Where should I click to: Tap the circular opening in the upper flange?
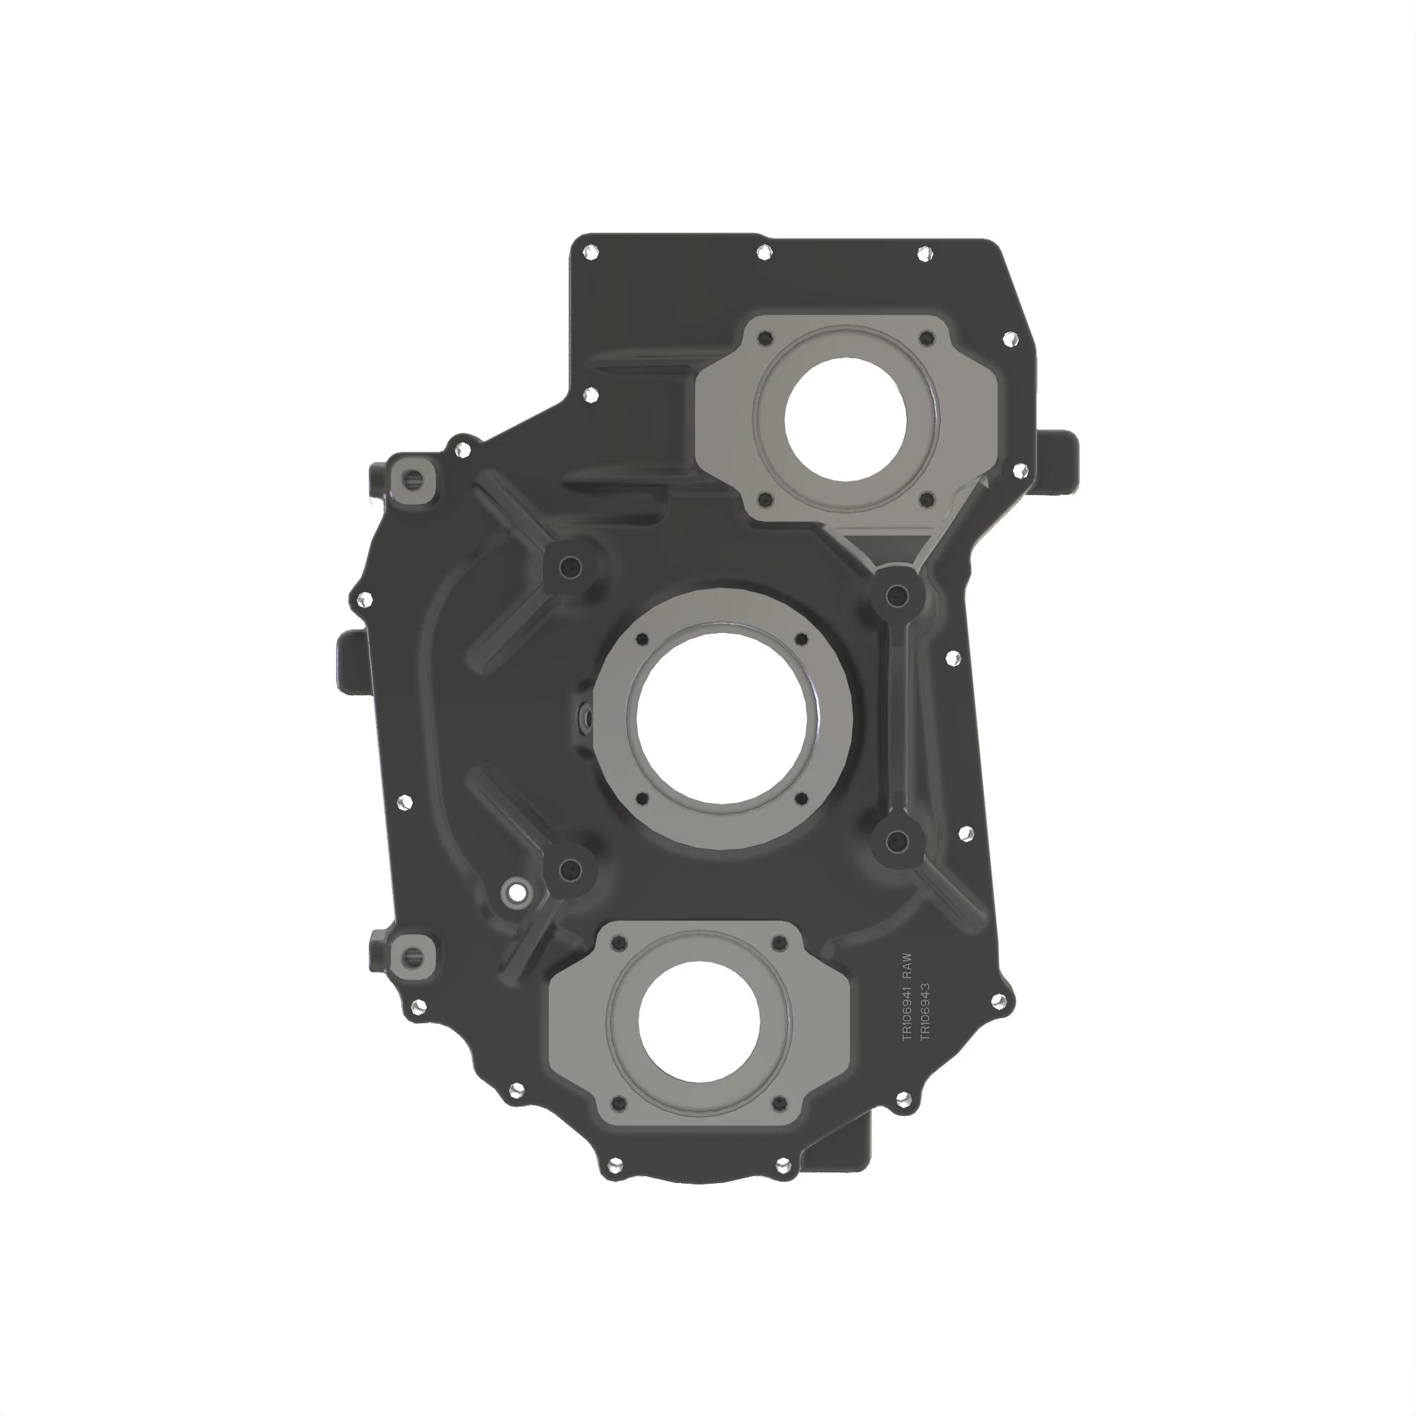point(845,419)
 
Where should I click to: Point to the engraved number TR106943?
point(925,1011)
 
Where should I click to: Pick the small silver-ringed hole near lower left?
point(517,893)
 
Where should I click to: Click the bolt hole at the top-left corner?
point(588,253)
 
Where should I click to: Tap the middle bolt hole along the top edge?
point(764,253)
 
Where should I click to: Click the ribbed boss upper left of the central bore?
point(570,566)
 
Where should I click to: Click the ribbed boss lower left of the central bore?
point(569,870)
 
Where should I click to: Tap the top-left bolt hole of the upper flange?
point(766,338)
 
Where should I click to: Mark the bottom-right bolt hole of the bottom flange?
point(780,1102)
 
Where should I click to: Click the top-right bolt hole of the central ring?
point(801,639)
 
